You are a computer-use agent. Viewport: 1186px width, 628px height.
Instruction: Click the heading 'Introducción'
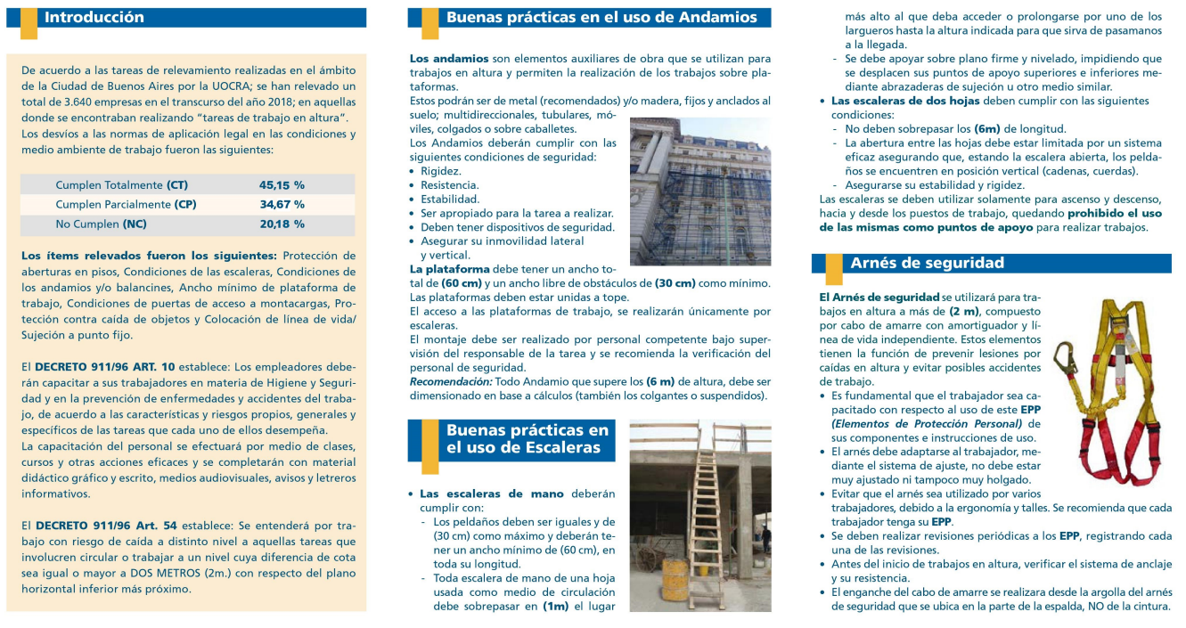click(94, 18)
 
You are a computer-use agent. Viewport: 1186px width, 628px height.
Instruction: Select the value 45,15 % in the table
click(282, 185)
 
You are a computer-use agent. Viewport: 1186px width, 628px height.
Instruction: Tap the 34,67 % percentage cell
click(282, 205)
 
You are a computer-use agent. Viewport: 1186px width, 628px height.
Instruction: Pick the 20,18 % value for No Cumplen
click(282, 224)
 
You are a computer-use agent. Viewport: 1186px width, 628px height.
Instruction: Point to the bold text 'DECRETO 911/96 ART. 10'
click(105, 366)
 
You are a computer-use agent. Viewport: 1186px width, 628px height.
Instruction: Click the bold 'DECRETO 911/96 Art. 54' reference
click(105, 526)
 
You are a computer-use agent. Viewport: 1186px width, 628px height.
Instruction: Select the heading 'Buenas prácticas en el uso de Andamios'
click(601, 18)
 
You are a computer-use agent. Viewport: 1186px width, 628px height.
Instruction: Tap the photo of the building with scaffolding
click(700, 192)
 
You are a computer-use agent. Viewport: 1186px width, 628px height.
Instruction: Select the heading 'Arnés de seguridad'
click(927, 263)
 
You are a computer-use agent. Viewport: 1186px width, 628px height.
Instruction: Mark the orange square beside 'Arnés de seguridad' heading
click(832, 265)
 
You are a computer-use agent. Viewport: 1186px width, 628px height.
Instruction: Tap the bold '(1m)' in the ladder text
click(557, 608)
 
